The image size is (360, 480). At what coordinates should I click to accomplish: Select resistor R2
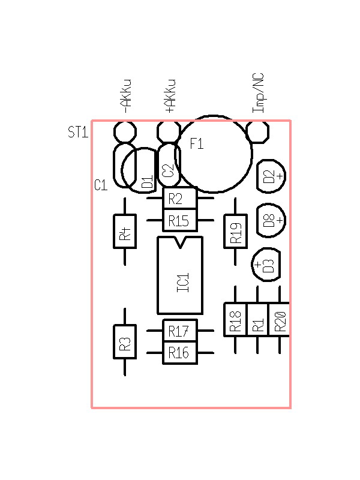[x=180, y=198]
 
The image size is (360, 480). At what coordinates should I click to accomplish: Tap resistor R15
[x=180, y=221]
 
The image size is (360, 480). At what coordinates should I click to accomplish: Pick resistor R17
[x=180, y=331]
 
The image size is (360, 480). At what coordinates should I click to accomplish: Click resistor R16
[x=180, y=353]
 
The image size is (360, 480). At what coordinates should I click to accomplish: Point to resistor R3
[x=125, y=342]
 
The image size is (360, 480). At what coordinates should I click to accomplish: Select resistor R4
[x=125, y=231]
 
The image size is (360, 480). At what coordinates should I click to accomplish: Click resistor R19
[x=235, y=231]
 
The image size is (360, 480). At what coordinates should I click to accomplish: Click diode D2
[x=271, y=176]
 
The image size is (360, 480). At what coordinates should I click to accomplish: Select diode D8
[x=271, y=220]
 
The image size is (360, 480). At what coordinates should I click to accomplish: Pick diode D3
[x=266, y=265]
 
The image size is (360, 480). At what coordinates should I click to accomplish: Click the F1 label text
[x=197, y=144]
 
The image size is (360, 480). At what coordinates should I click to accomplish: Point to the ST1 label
[x=78, y=132]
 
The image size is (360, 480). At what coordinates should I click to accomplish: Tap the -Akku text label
[x=126, y=96]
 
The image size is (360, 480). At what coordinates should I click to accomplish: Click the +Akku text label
[x=170, y=96]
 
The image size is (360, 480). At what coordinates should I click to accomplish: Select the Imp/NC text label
[x=258, y=93]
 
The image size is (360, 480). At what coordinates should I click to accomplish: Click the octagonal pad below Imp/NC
[x=257, y=131]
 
